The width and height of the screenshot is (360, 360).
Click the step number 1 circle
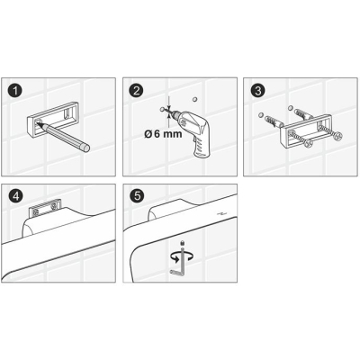tap(15, 91)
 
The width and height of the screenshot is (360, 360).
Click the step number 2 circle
tap(136, 91)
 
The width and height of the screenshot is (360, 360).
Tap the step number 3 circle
tap(257, 91)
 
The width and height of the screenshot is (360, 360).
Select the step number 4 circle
tap(15, 196)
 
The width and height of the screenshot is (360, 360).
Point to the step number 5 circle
tap(137, 196)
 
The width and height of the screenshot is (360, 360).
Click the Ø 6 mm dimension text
tap(163, 134)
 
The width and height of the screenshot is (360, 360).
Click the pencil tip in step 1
tap(38, 122)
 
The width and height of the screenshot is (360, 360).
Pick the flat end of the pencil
tap(86, 148)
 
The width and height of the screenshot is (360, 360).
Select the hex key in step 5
tap(179, 260)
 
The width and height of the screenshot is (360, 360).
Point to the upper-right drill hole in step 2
tap(194, 99)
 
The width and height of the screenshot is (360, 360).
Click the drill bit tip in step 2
tap(166, 111)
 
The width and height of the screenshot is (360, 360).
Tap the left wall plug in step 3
tap(274, 122)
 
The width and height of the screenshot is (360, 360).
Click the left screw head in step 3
tap(308, 143)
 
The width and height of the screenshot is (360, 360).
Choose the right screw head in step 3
tap(338, 136)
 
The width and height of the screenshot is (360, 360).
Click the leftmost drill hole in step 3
tap(260, 114)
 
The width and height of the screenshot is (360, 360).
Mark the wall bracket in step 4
tap(45, 209)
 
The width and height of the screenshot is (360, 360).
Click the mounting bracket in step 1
tap(52, 120)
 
